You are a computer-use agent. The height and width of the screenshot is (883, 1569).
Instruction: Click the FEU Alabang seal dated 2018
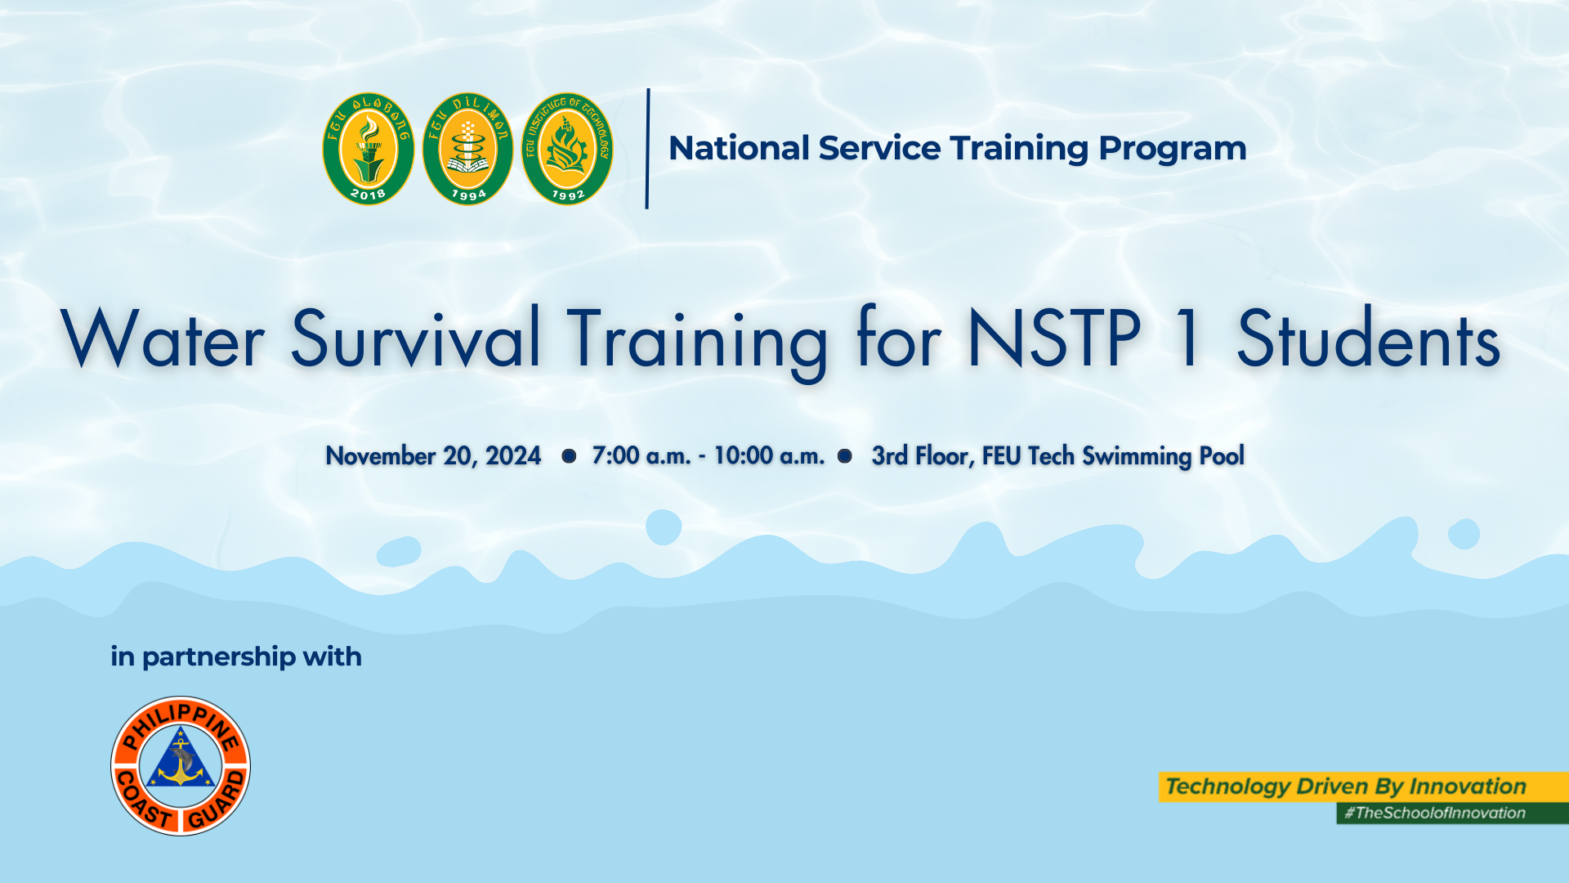(369, 149)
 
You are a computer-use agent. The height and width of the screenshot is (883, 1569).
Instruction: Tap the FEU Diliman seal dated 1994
(467, 149)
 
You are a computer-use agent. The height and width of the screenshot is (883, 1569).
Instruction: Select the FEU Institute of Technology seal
(567, 149)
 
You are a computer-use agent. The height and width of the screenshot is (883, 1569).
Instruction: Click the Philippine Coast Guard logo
(181, 766)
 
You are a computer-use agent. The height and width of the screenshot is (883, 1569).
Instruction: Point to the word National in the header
(739, 148)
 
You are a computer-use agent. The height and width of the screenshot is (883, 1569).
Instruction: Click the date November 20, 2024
(433, 455)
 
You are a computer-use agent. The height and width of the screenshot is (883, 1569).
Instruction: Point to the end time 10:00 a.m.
(769, 455)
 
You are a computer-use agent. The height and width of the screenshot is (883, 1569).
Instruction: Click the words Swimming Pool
(1163, 456)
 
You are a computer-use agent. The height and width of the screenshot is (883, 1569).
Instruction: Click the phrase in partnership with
(236, 657)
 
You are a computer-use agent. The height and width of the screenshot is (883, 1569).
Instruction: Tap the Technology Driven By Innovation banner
(1364, 787)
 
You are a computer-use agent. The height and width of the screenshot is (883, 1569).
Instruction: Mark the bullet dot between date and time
(569, 455)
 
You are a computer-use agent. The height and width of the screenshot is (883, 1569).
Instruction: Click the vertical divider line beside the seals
(647, 149)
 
